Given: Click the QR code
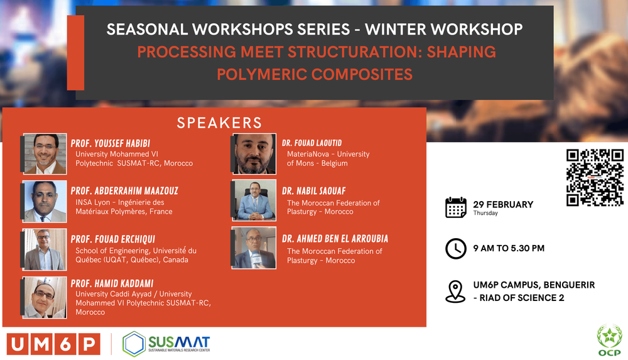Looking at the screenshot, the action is click(595, 178).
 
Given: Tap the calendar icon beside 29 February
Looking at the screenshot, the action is click(456, 207).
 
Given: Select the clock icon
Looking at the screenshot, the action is click(456, 249).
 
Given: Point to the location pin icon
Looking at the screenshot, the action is click(455, 292).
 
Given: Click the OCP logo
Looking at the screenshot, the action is click(610, 341).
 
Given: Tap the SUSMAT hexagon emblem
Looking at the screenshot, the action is click(133, 344).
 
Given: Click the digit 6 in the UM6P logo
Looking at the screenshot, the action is click(65, 344).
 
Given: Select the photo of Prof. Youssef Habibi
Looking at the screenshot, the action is click(45, 154).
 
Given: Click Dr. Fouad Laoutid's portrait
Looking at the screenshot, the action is click(254, 154).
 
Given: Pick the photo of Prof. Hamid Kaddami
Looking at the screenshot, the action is click(45, 297).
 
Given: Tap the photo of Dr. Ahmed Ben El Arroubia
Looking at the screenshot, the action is click(254, 248).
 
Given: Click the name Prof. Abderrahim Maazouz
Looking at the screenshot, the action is click(124, 191).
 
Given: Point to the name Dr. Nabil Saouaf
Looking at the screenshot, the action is click(313, 191).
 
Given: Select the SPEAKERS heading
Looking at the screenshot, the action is click(219, 123).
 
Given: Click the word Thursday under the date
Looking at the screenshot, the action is click(485, 213).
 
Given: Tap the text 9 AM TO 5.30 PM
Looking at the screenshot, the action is click(509, 248).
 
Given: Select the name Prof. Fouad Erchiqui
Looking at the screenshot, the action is click(113, 239).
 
